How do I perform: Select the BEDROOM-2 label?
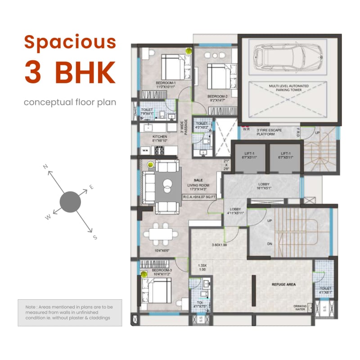[217, 97]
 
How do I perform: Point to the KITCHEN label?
[160, 136]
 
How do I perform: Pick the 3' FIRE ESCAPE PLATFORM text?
[269, 131]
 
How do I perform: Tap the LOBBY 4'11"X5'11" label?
[236, 211]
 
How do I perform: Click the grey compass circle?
[70, 202]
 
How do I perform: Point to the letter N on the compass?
[45, 167]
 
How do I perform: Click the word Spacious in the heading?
[70, 41]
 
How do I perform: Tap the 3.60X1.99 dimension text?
[220, 245]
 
